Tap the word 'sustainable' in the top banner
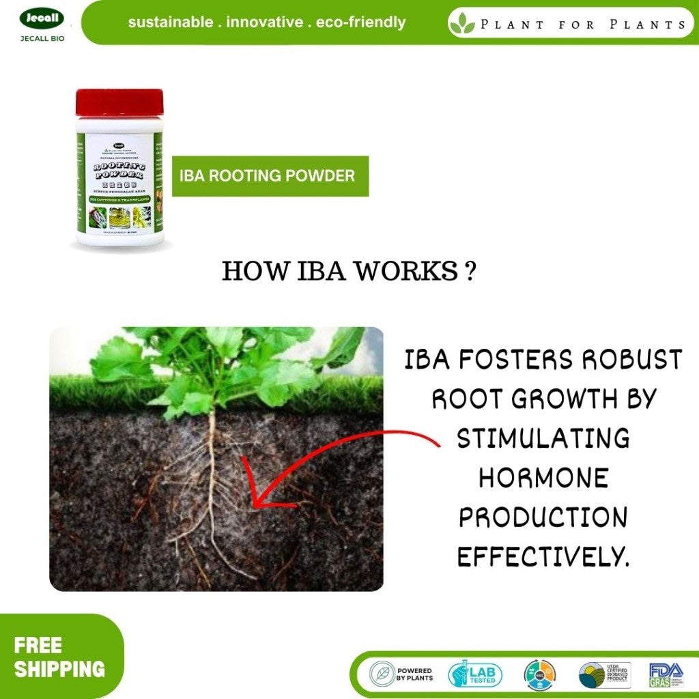[170, 23]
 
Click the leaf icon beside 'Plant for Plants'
[462, 24]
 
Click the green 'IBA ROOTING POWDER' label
[270, 176]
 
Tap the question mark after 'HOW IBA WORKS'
[468, 272]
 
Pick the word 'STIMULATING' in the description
[543, 438]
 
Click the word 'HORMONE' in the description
[543, 478]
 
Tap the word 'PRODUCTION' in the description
[543, 517]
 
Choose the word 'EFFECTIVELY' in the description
[539, 557]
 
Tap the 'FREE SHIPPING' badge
[59, 657]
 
